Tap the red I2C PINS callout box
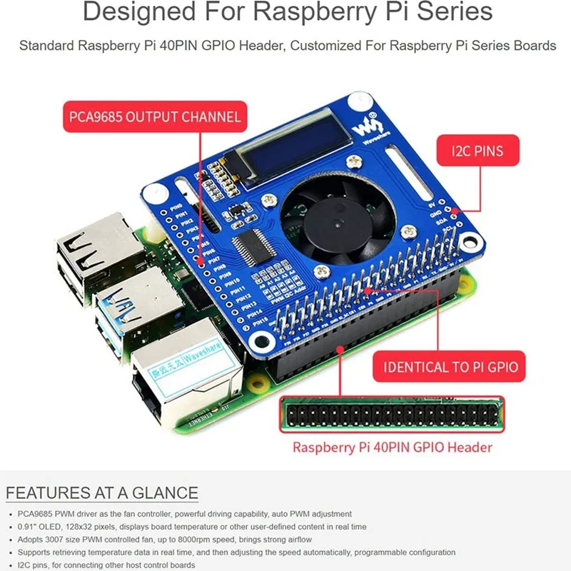[x=477, y=151]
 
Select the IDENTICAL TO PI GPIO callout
[x=450, y=368]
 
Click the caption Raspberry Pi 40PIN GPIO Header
[x=392, y=448]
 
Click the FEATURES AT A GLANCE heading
[x=102, y=493]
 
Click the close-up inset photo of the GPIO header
[x=391, y=415]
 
